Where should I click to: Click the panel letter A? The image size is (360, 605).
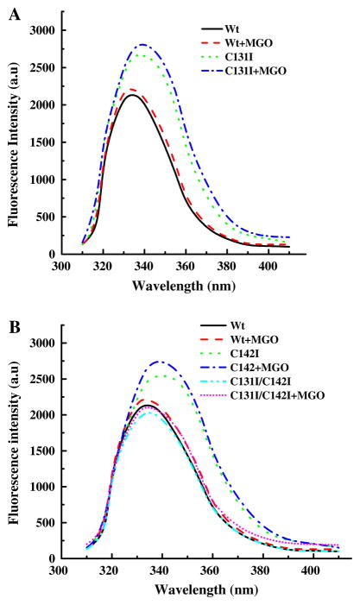(x=14, y=12)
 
